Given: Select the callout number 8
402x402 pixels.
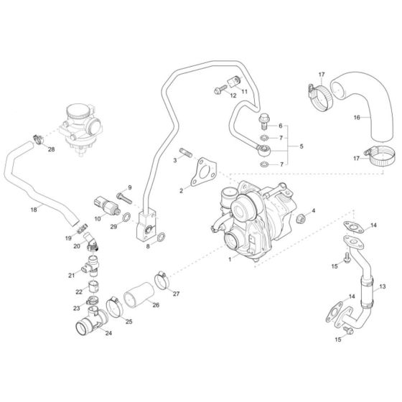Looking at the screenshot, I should (149, 246).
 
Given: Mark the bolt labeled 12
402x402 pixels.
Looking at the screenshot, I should (218, 90).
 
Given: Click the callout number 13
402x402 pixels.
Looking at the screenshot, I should (383, 286).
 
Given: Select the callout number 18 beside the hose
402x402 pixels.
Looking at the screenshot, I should (33, 210).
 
